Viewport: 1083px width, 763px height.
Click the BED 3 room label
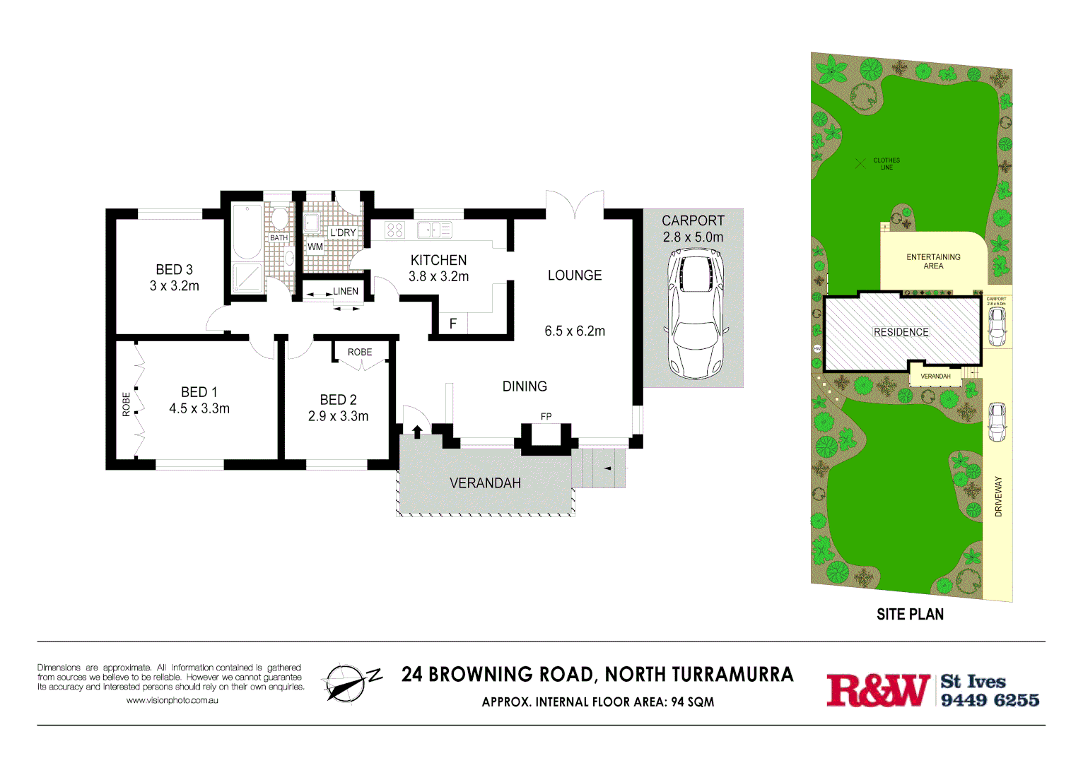point(174,270)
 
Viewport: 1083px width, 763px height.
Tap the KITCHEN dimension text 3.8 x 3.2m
point(438,277)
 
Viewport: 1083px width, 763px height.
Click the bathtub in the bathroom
point(247,231)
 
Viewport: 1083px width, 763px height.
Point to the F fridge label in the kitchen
point(453,324)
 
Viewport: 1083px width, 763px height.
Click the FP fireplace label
point(546,417)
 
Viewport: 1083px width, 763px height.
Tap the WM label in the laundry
point(315,247)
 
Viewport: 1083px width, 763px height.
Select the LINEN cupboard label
point(346,291)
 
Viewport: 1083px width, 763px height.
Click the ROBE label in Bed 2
point(359,352)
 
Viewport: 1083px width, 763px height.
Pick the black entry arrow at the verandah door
point(417,431)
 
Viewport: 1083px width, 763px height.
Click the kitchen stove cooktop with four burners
point(394,230)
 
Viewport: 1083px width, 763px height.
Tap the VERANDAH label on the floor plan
point(485,483)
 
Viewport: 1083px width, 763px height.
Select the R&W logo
point(878,690)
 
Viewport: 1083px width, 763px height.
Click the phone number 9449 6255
point(990,700)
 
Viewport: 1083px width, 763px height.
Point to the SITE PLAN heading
point(910,615)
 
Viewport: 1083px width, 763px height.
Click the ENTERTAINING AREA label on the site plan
point(933,261)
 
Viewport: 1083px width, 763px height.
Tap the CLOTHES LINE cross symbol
point(860,163)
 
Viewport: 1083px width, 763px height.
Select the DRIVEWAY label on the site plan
point(998,497)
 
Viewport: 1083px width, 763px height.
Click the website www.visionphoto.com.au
point(172,700)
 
